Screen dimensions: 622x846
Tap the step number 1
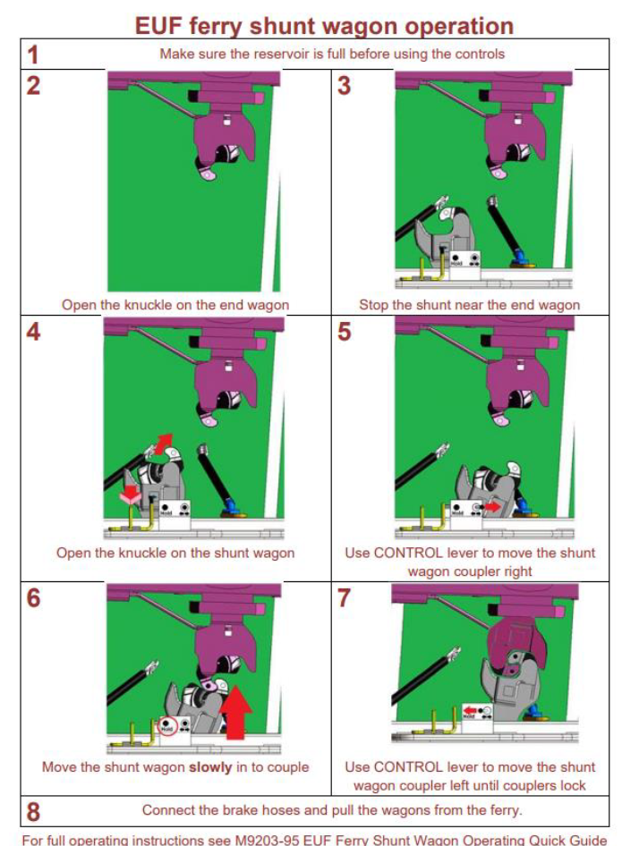pos(33,55)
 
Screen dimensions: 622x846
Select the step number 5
pos(344,331)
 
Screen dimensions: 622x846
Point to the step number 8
pos(33,812)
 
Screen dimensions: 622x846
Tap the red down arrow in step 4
pos(130,494)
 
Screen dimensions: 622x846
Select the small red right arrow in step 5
pos(492,508)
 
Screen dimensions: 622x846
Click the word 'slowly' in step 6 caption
pos(210,767)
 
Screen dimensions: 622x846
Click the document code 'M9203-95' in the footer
pos(267,840)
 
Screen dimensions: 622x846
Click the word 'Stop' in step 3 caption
pos(372,305)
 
